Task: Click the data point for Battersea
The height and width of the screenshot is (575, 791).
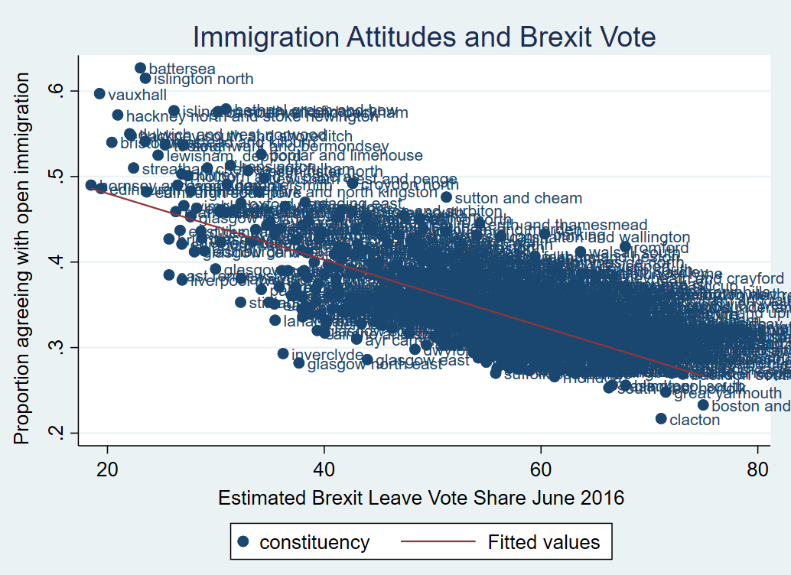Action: (x=140, y=68)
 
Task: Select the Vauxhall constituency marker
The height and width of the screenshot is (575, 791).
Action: (x=99, y=93)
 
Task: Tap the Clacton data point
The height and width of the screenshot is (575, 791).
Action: (x=661, y=418)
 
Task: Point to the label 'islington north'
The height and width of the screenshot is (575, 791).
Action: (x=203, y=79)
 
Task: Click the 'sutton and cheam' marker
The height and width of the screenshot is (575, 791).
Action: (x=447, y=197)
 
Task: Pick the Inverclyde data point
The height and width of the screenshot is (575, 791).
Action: (x=283, y=353)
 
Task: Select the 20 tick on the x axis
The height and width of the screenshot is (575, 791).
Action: (x=107, y=468)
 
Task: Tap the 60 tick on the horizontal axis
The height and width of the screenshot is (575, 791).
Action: (x=541, y=468)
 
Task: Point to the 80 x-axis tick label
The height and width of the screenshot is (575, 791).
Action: (x=757, y=468)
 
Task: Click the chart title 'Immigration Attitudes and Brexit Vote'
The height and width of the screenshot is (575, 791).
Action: (x=424, y=37)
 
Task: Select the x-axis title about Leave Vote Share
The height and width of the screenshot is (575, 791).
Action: (x=421, y=498)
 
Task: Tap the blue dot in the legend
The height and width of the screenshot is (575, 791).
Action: (x=243, y=542)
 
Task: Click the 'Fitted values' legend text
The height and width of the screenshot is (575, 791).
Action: (x=544, y=542)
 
